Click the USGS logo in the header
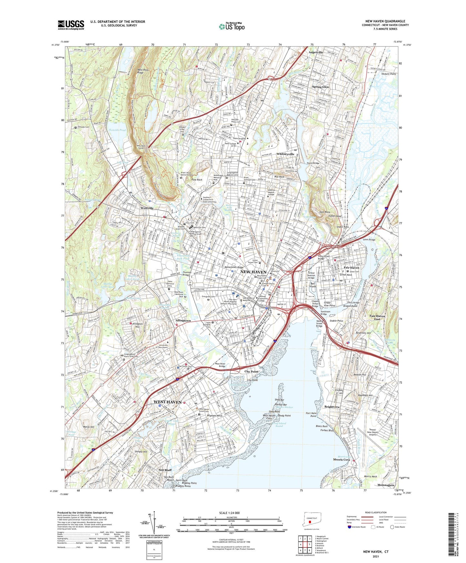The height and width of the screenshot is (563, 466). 71,25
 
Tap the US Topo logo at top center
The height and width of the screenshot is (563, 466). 232,26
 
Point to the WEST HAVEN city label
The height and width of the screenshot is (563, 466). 167,402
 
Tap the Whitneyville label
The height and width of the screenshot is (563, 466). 285,154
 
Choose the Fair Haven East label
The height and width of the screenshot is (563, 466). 377,318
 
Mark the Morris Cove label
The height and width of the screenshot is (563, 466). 342,459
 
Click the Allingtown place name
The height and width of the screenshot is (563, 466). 183,321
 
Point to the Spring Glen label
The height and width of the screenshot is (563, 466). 320,87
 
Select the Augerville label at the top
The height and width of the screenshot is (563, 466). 315,52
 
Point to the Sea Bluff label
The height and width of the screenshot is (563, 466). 165,470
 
